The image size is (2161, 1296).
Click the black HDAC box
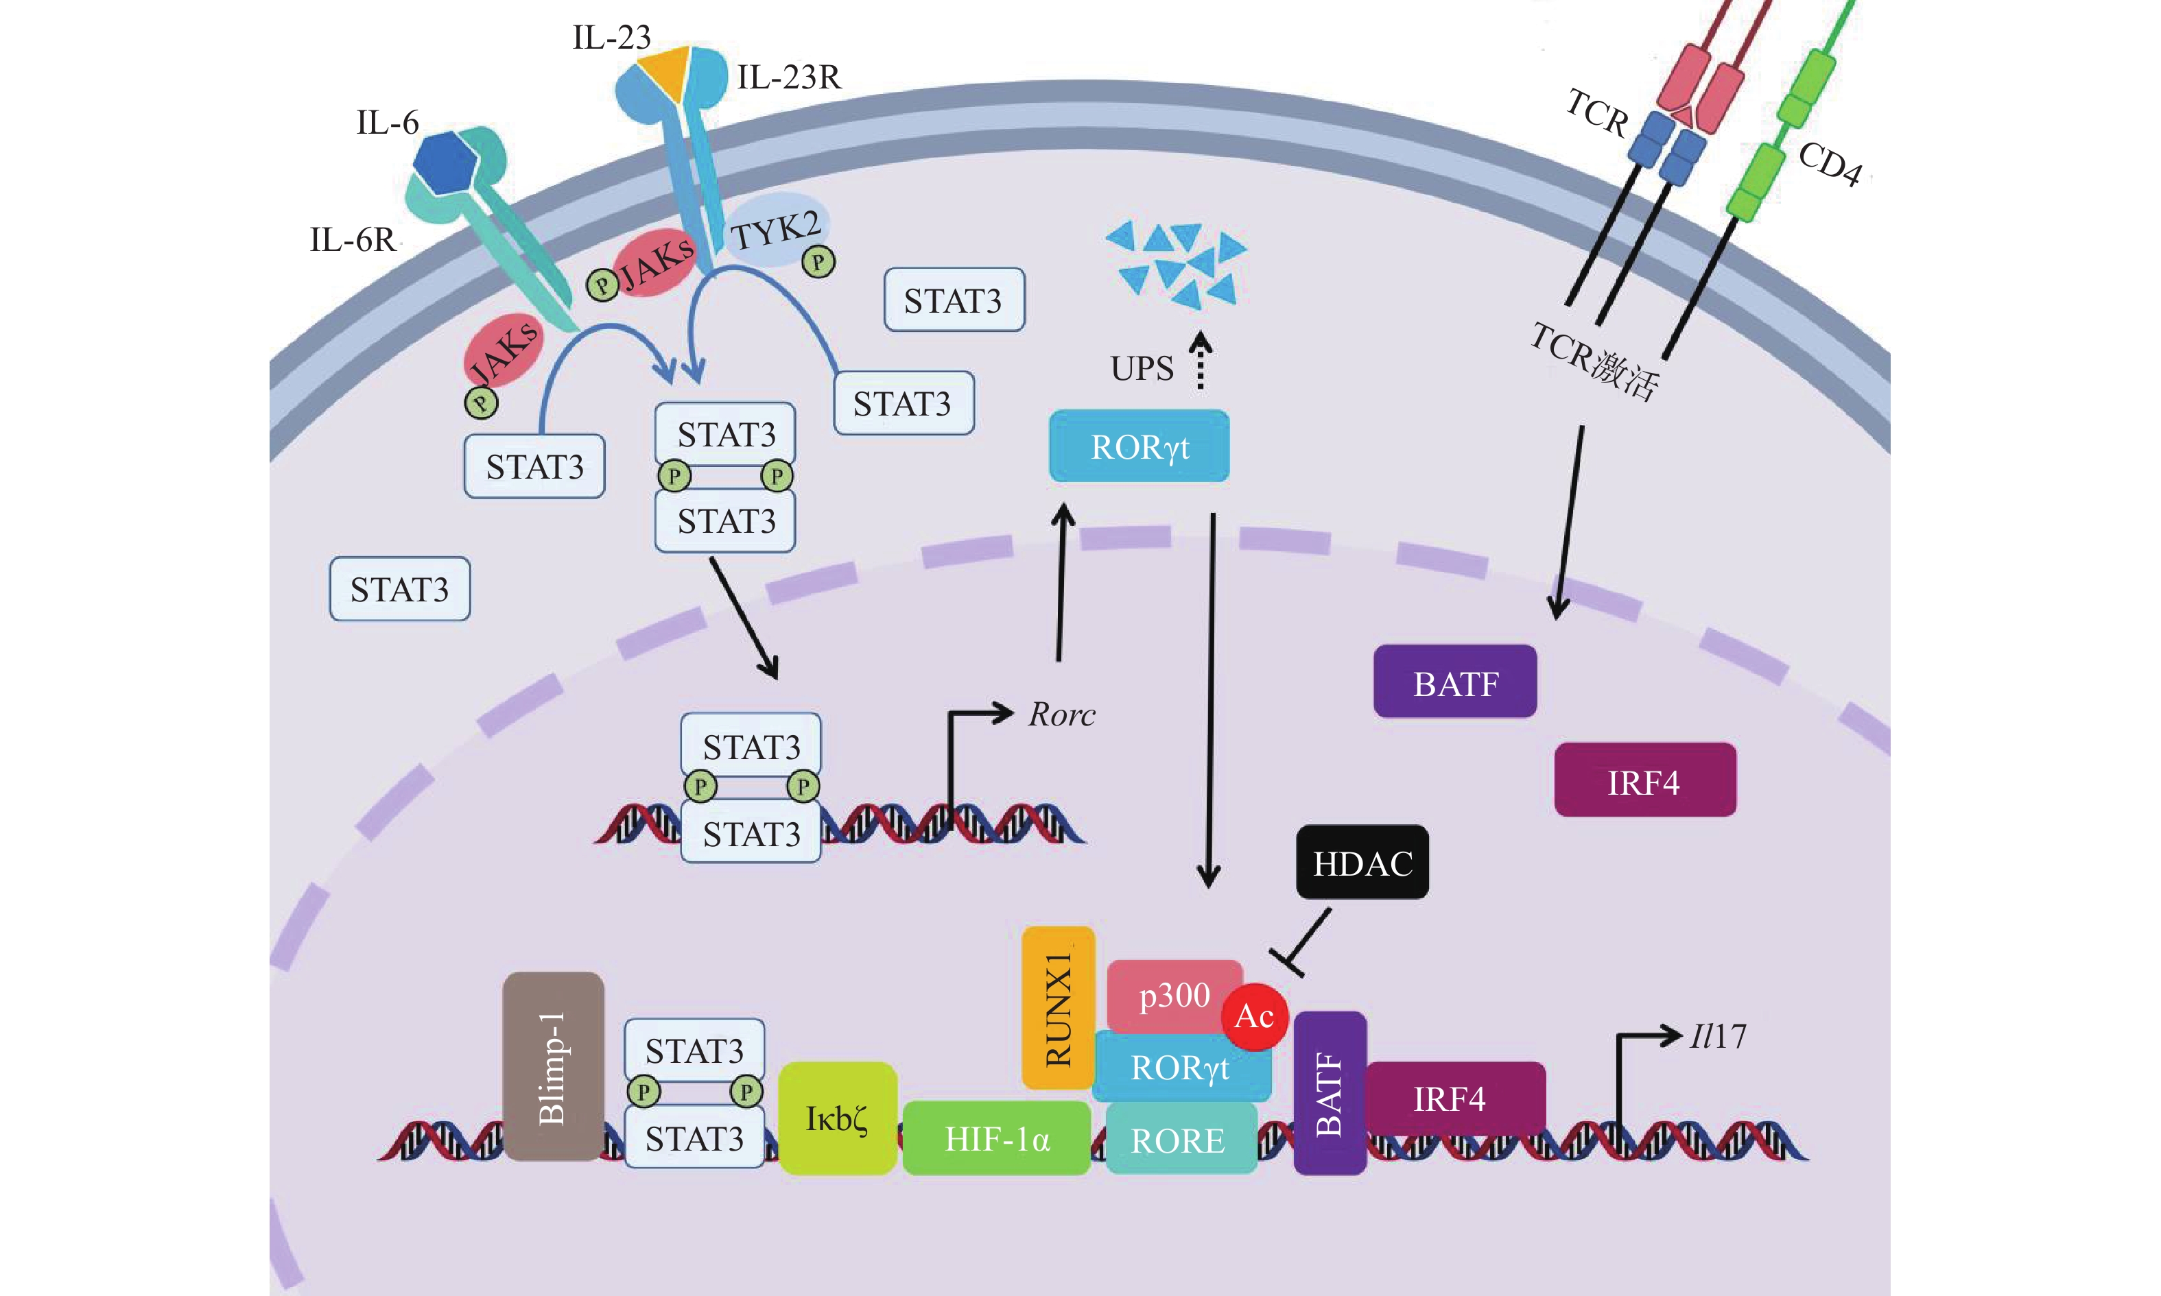(1362, 863)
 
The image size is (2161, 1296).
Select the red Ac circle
(1254, 1016)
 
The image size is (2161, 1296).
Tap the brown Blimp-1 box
(553, 1066)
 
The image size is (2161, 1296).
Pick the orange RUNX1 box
(1058, 1008)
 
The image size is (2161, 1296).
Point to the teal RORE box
(1179, 1140)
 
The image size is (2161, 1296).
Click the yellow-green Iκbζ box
(837, 1118)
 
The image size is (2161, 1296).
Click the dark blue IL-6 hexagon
(445, 163)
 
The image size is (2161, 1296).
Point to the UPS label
(1142, 368)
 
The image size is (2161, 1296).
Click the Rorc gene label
(1061, 715)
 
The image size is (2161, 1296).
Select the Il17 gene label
(1717, 1037)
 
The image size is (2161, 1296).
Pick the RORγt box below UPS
(1139, 446)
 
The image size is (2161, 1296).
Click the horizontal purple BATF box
(1455, 682)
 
